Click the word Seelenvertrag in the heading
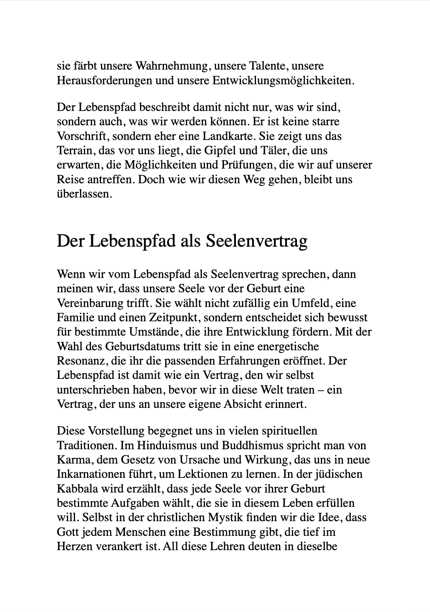coord(256,241)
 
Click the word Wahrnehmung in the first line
coord(171,66)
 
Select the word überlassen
coord(84,194)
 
